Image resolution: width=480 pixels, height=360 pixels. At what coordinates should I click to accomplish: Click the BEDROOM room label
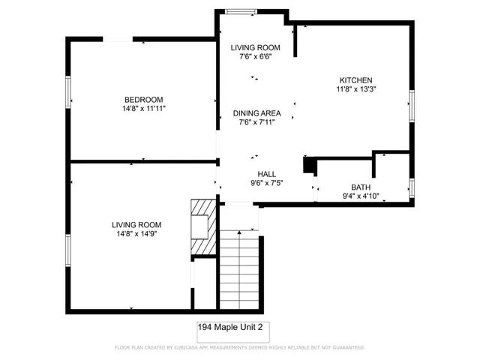pos(143,99)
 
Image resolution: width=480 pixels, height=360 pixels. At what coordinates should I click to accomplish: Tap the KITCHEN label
pos(355,80)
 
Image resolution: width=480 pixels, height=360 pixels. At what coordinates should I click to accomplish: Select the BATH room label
pos(361,187)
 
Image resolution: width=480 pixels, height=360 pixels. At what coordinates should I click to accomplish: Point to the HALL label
pos(256,173)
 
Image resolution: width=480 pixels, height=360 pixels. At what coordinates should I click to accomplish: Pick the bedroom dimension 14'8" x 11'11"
pos(143,109)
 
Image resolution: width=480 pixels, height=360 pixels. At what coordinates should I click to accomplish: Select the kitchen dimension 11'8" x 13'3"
pos(355,89)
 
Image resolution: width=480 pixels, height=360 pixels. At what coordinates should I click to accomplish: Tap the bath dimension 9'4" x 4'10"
pos(361,196)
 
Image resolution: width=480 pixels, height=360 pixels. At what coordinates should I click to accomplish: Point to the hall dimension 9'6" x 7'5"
pos(256,182)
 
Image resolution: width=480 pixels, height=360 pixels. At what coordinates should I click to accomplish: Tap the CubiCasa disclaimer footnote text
pos(239,348)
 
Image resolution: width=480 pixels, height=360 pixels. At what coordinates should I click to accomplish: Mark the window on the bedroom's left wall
pos(69,91)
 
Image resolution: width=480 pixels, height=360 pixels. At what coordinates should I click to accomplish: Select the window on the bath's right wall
pos(412,187)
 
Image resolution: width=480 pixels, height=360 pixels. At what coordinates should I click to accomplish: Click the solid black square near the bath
pos(307,165)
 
